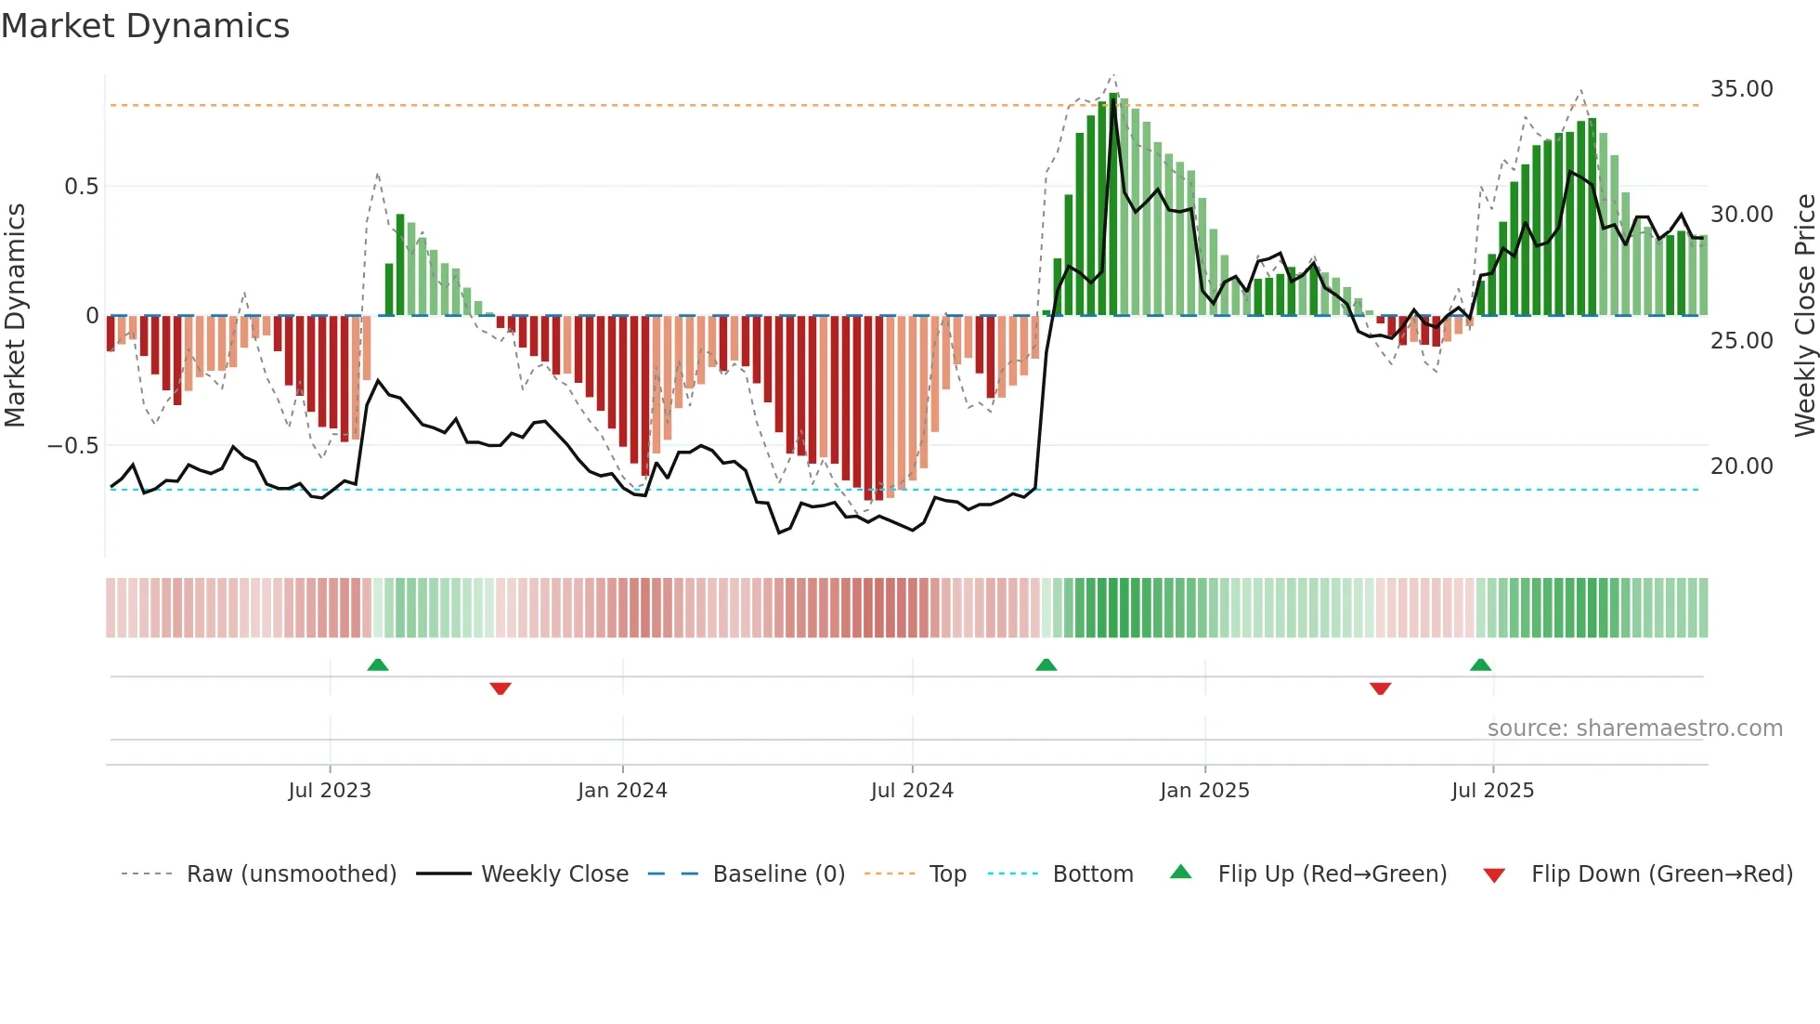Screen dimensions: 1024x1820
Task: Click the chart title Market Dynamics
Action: point(145,26)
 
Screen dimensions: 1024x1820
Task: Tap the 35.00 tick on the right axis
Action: point(1741,89)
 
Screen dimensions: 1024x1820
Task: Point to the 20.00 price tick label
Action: point(1741,466)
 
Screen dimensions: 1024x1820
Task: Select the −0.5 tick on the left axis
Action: point(72,446)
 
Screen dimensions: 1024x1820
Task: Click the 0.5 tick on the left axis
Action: point(81,187)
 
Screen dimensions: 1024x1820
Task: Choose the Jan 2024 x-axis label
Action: point(622,791)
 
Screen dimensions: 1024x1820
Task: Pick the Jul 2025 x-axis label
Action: point(1492,791)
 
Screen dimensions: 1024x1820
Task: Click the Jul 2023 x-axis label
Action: point(330,791)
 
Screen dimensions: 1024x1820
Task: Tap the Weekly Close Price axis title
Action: point(1804,315)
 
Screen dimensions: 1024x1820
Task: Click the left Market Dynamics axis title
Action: point(15,315)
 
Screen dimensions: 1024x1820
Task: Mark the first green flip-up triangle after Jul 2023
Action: point(378,665)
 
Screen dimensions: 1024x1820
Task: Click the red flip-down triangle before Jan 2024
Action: point(500,689)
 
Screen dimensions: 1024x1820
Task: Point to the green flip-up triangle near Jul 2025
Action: point(1480,665)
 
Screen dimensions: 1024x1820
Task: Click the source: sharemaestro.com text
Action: point(1634,729)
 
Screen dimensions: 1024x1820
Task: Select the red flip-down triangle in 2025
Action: point(1380,689)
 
